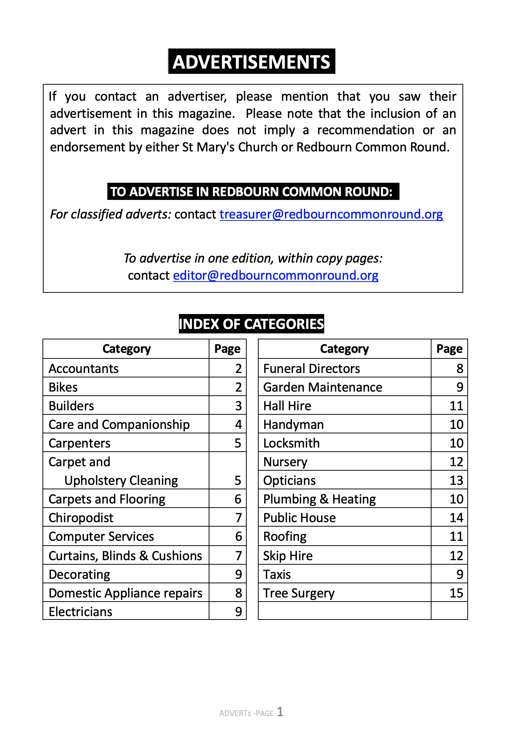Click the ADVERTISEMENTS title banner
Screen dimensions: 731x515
pos(252,62)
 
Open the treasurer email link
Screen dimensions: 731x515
pos(331,214)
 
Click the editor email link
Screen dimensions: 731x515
pos(275,276)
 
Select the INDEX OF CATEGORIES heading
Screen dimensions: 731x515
pos(252,324)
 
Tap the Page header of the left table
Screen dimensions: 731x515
pos(227,349)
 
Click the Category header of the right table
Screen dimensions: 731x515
pos(344,349)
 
